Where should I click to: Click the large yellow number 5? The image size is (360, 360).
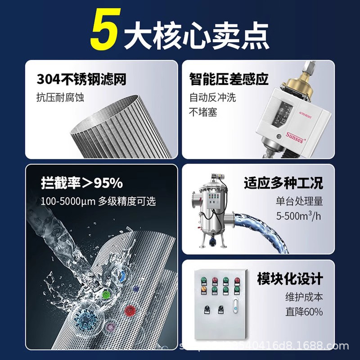tap(105, 32)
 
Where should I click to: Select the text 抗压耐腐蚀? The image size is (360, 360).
tap(60, 97)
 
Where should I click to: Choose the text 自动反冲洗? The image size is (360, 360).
tap(212, 97)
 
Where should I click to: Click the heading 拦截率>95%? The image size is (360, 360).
tap(81, 184)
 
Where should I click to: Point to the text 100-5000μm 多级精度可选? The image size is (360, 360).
tap(98, 201)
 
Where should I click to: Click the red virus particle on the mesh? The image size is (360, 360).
tap(130, 310)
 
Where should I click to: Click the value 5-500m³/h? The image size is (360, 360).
tap(299, 216)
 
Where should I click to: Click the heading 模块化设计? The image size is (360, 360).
tap(290, 279)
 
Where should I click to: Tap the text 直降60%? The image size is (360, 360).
tap(304, 312)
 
